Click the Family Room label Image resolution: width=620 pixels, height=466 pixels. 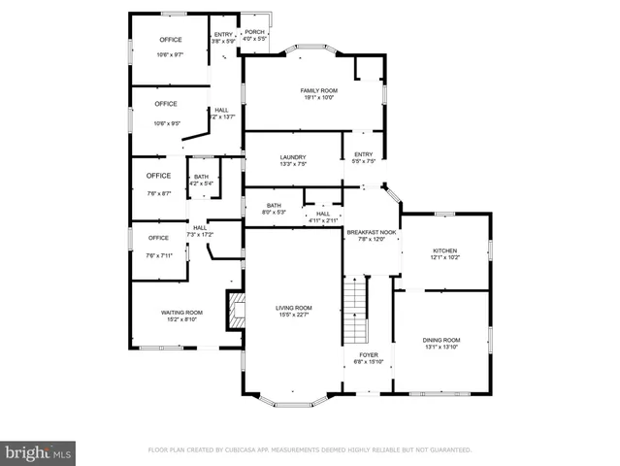click(316, 89)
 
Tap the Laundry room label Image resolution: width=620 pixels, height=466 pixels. click(293, 157)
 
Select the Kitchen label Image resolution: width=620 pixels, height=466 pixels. click(445, 250)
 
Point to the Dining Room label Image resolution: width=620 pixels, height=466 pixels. click(441, 340)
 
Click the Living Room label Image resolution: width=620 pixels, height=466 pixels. click(292, 307)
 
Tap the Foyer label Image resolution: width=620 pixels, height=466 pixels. click(369, 355)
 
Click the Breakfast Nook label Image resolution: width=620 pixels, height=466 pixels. click(373, 232)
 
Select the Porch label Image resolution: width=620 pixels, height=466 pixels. click(254, 32)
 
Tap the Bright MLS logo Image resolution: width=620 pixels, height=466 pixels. click(39, 452)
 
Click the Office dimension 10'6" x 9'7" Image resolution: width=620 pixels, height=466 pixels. click(169, 55)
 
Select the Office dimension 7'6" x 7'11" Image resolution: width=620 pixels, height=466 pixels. click(159, 255)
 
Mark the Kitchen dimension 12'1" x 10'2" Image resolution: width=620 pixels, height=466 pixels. click(445, 257)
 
